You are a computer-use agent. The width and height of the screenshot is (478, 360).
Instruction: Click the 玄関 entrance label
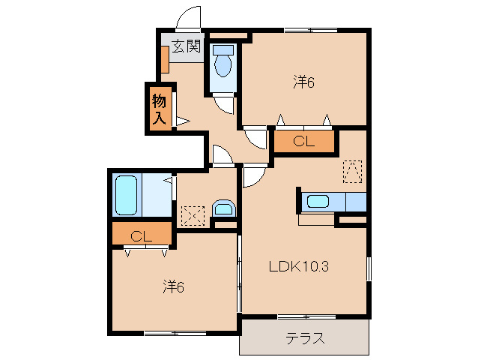pyautogui.click(x=186, y=46)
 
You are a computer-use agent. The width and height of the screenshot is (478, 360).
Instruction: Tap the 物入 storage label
pyautogui.click(x=159, y=108)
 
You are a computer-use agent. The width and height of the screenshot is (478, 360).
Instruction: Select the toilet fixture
pyautogui.click(x=223, y=63)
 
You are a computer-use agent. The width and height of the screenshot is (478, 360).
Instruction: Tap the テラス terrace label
pyautogui.click(x=305, y=338)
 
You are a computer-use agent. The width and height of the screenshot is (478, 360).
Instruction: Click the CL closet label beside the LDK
pyautogui.click(x=303, y=140)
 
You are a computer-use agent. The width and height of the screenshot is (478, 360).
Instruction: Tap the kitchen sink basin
pyautogui.click(x=318, y=201)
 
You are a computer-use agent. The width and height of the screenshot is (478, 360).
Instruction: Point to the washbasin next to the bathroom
pyautogui.click(x=223, y=209)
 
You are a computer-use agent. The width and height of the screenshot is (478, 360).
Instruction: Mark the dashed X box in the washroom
pyautogui.click(x=193, y=216)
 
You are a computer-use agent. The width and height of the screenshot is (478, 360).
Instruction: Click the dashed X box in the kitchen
pyautogui.click(x=352, y=172)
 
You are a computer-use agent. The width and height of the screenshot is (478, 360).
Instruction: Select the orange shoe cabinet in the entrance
pyautogui.click(x=164, y=60)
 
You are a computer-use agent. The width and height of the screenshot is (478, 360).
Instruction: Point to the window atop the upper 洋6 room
pyautogui.click(x=307, y=30)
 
